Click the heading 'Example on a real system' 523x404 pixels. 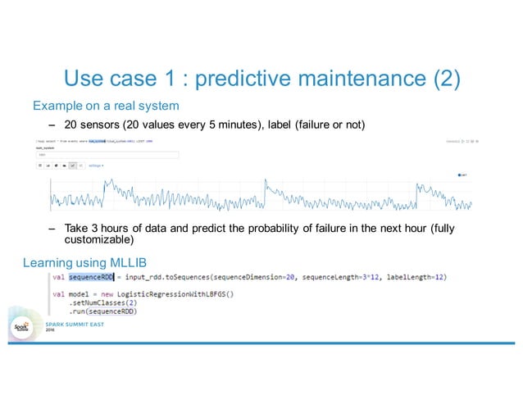pyautogui.click(x=106, y=106)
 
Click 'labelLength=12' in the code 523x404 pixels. pyautogui.click(x=415, y=278)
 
